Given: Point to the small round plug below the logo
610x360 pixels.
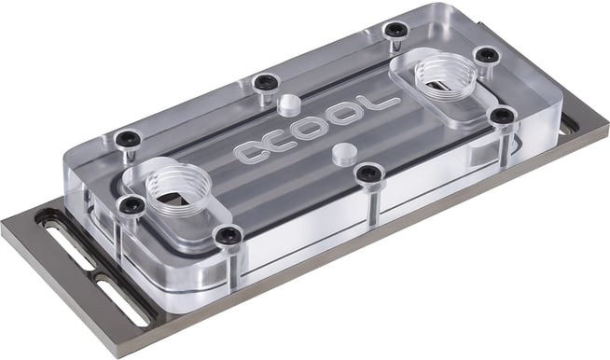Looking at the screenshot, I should click(342, 150).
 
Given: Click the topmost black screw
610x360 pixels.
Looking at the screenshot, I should click(397, 30).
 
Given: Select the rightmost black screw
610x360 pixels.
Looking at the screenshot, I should click(503, 116).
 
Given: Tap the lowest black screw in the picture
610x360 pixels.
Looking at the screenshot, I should click(228, 237).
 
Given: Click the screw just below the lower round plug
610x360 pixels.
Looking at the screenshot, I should click(369, 173).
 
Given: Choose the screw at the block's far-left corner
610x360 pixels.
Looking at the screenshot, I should click(127, 139).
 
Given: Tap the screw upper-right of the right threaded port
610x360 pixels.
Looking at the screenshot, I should click(485, 55).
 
